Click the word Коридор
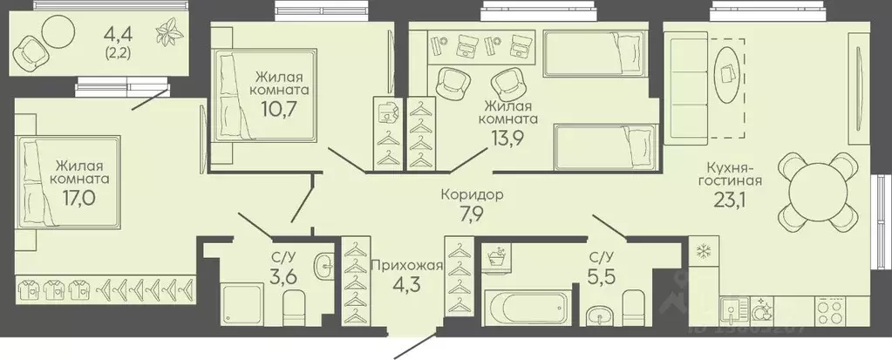coord(474,196)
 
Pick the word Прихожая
coord(407,266)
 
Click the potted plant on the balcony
coord(165,35)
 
